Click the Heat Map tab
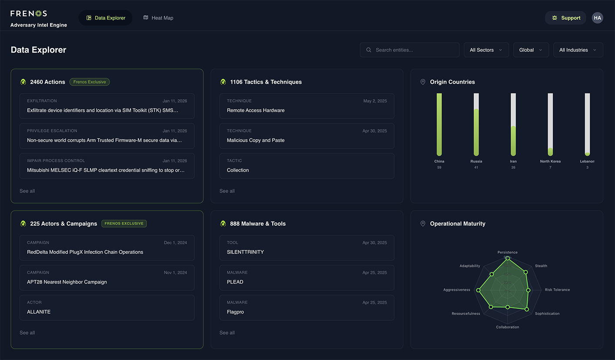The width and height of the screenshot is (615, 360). pyautogui.click(x=158, y=18)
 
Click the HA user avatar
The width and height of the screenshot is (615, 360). pyautogui.click(x=597, y=18)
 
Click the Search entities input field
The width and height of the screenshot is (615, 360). pyautogui.click(x=409, y=50)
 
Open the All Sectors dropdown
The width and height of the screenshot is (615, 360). pyautogui.click(x=486, y=50)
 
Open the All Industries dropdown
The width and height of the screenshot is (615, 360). pyautogui.click(x=578, y=50)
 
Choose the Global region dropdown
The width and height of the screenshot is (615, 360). pyautogui.click(x=531, y=50)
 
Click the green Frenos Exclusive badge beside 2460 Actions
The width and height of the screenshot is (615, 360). pyautogui.click(x=90, y=82)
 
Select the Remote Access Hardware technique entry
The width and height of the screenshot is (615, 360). pyautogui.click(x=307, y=106)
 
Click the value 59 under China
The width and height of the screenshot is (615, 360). pyautogui.click(x=439, y=167)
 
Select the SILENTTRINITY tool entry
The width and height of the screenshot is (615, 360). pyautogui.click(x=307, y=248)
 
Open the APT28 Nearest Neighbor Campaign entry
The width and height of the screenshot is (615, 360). pyautogui.click(x=107, y=278)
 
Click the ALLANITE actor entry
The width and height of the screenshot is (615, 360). pyautogui.click(x=107, y=308)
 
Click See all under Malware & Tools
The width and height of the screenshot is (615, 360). pyautogui.click(x=227, y=333)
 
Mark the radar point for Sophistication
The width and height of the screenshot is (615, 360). pyautogui.click(x=527, y=309)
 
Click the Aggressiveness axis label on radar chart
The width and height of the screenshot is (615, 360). pyautogui.click(x=457, y=290)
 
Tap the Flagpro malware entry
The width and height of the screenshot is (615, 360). pyautogui.click(x=307, y=308)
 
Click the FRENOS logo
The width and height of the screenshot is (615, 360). pyautogui.click(x=29, y=13)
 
